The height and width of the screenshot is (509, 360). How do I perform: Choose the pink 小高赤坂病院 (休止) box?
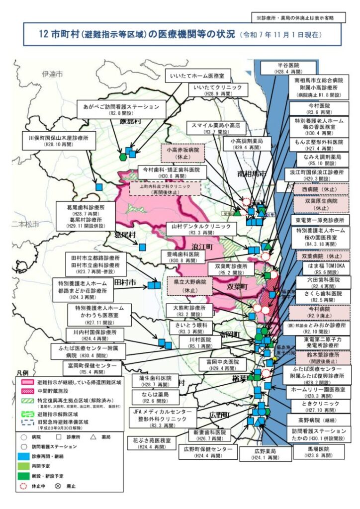pos(183,152)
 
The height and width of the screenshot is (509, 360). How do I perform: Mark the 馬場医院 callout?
pos(318,451)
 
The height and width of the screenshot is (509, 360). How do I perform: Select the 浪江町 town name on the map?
pos(202,247)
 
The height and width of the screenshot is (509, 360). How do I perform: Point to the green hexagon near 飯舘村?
pos(123,157)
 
